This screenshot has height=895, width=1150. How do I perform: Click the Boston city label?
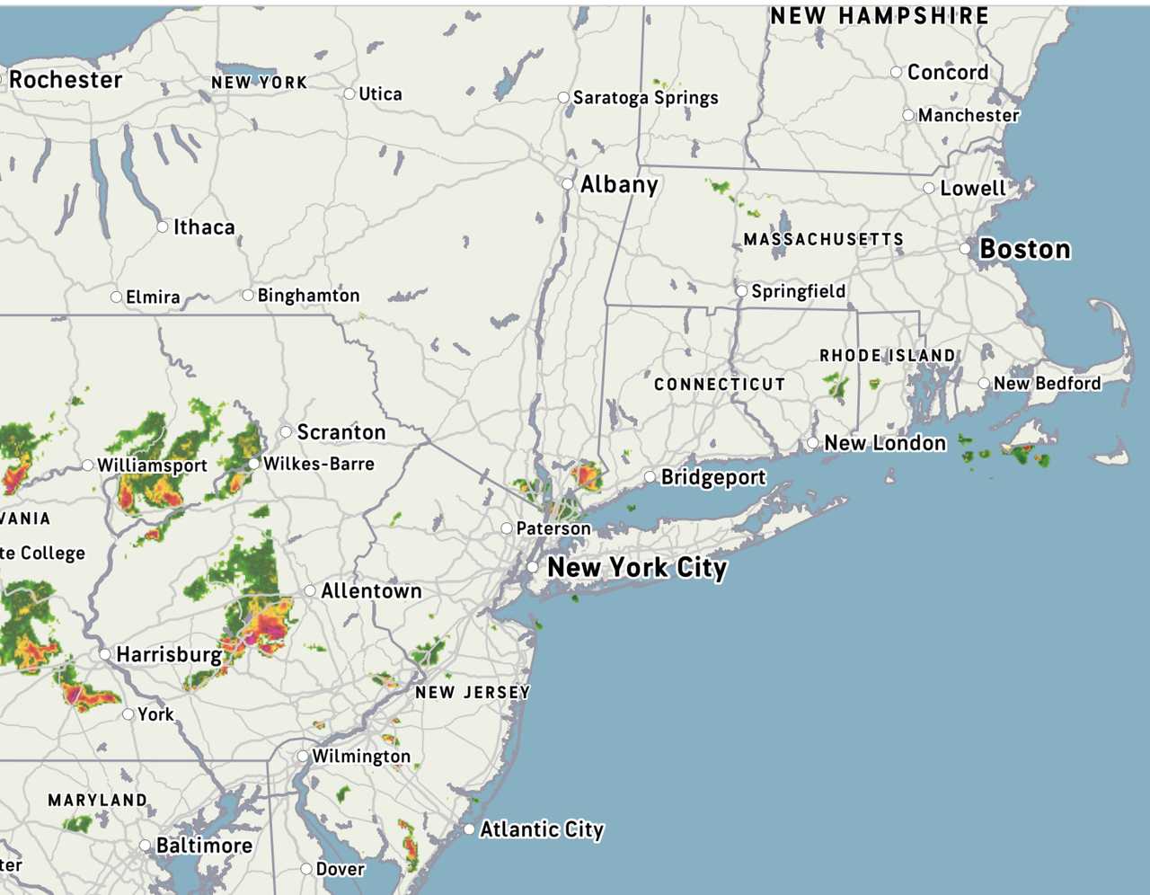point(1024,249)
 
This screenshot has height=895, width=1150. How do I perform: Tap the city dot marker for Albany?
point(568,184)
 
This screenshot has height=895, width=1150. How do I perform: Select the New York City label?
point(636,568)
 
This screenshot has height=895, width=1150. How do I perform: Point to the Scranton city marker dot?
point(286,432)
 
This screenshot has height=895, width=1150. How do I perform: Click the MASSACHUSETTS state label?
point(823,239)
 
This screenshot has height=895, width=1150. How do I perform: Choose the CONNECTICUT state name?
point(719,384)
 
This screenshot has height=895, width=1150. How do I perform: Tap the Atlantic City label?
point(541,829)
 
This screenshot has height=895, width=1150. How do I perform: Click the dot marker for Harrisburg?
point(105,654)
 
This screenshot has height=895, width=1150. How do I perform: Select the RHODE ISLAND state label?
point(887,356)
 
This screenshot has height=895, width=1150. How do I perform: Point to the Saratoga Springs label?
point(645,97)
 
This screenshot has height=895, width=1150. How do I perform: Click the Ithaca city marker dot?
point(163,226)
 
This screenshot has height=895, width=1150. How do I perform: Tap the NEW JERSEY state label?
point(472,692)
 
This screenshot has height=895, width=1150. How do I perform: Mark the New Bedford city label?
point(1047,384)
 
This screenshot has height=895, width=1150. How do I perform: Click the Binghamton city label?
point(308,296)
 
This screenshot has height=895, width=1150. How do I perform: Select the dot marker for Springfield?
point(741,291)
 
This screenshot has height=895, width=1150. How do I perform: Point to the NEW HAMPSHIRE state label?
point(879,16)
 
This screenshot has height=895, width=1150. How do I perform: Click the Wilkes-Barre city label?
point(318,464)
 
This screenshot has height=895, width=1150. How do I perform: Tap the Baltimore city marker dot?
point(146,846)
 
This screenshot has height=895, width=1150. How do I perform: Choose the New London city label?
point(885,443)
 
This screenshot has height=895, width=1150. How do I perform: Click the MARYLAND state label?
point(97,800)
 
